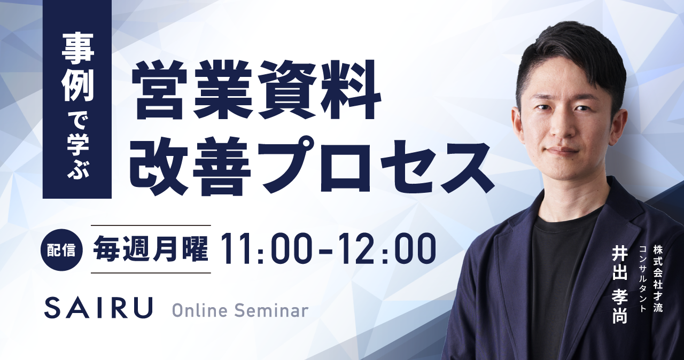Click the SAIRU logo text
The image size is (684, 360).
98,308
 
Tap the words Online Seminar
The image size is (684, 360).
240,310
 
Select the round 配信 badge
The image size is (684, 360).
61,251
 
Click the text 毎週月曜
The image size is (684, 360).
151,249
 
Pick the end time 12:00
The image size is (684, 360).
389,249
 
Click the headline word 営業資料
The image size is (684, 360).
256,89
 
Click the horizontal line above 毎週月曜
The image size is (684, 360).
151,225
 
